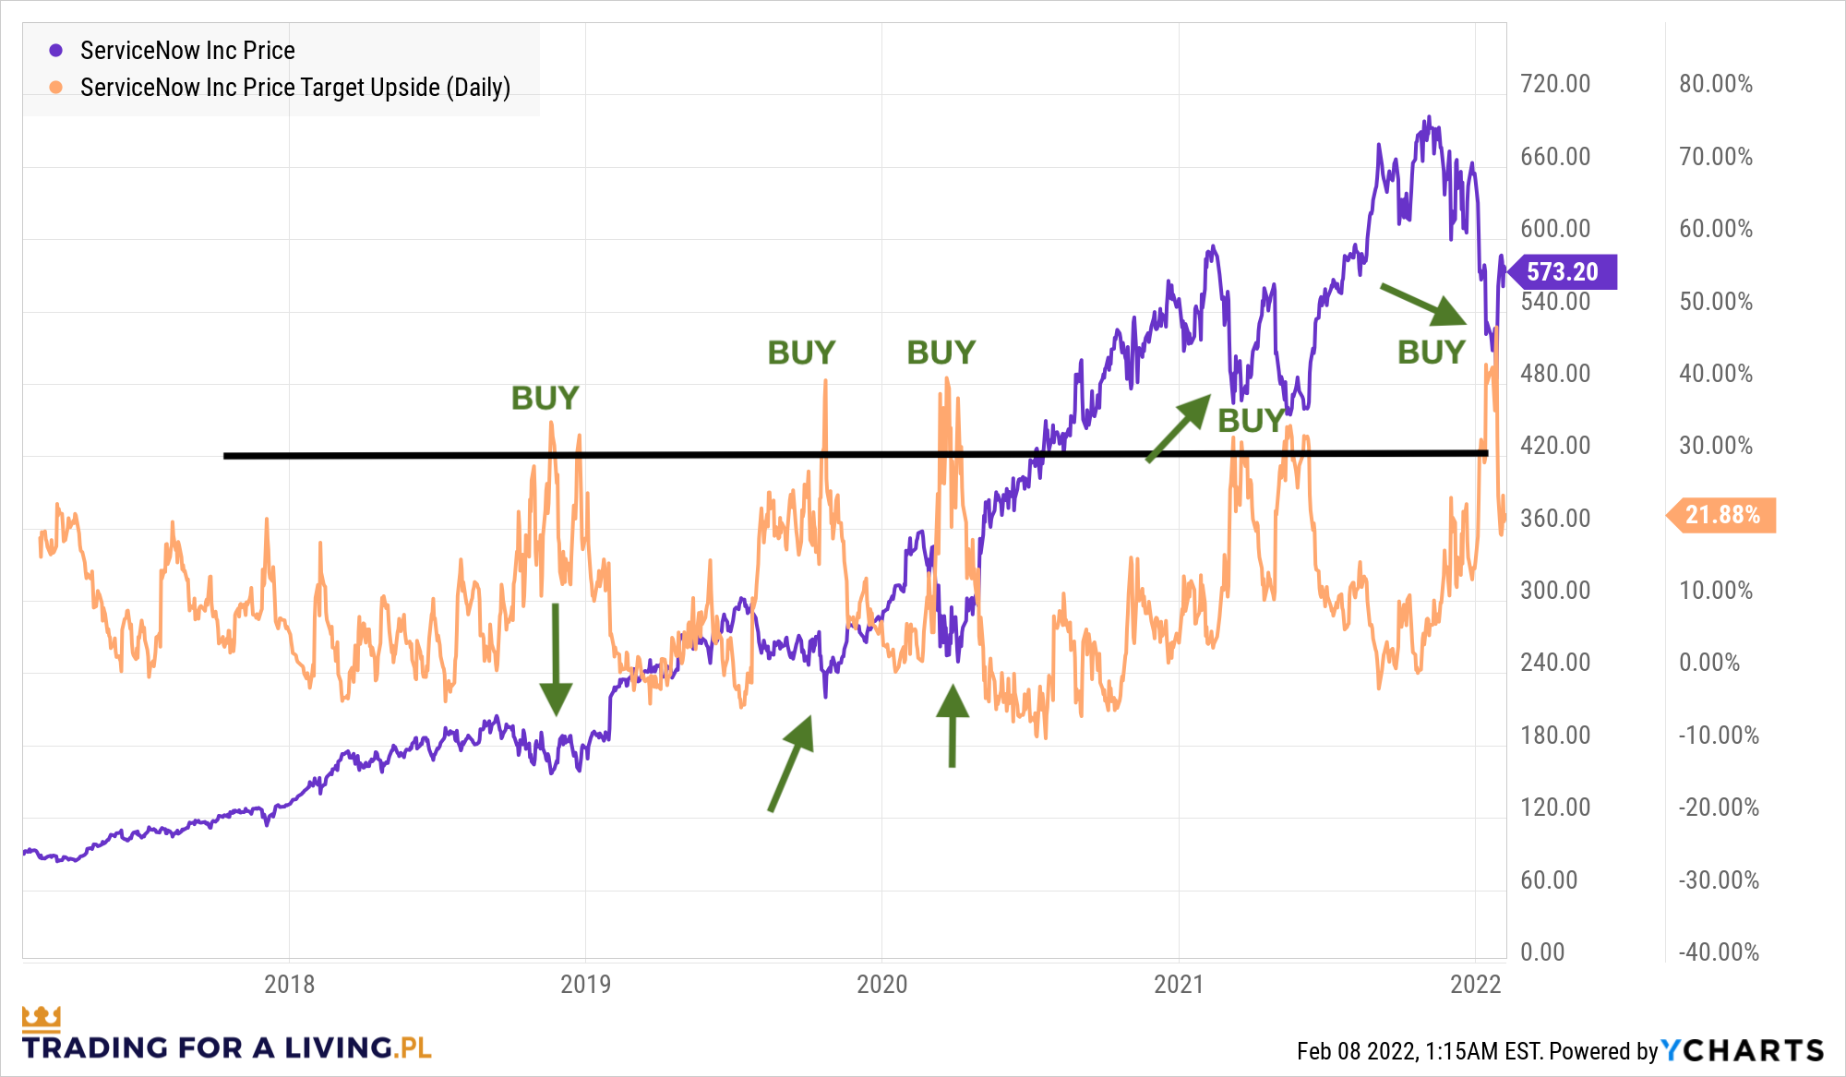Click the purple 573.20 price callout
point(1562,271)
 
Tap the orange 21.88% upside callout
point(1722,515)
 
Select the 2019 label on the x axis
point(585,984)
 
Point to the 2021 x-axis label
point(1179,984)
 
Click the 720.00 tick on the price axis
point(1555,84)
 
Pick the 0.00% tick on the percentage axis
point(1709,663)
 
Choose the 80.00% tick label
point(1715,84)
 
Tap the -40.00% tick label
point(1719,951)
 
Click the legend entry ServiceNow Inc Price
point(187,51)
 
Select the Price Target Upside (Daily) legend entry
point(294,88)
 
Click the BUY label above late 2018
point(545,399)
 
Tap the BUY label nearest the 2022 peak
point(1431,353)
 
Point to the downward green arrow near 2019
point(556,660)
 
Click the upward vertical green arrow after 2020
point(953,725)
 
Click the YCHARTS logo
point(1743,1050)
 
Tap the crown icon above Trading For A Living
point(42,1018)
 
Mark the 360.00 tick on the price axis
point(1555,519)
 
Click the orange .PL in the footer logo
point(413,1048)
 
